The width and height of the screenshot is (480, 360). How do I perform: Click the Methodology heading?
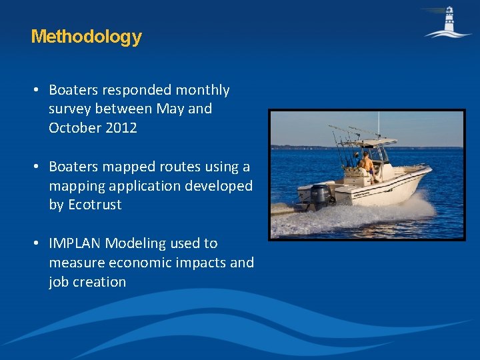pos(86,36)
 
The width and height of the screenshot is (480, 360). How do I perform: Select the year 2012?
pos(121,128)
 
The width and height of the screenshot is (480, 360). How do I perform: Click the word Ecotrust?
pos(95,205)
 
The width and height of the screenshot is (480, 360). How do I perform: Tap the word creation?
pos(99,282)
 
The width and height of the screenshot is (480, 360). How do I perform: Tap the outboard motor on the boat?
pos(321,195)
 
